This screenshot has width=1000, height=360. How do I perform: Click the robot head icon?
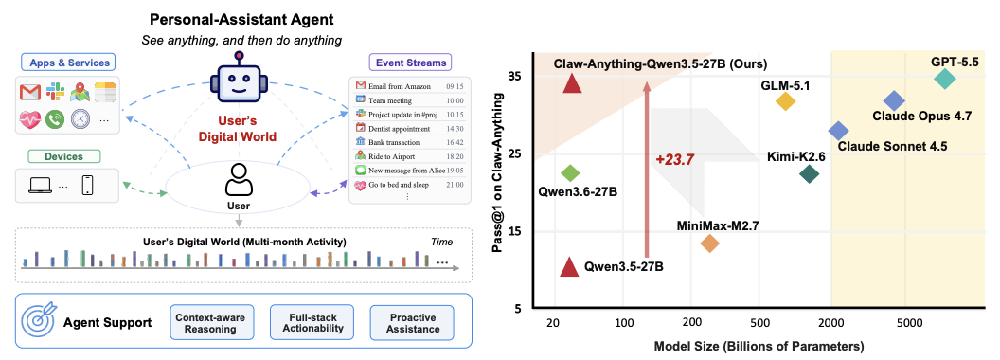pos(240,83)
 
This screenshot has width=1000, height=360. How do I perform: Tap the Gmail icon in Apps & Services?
pos(30,93)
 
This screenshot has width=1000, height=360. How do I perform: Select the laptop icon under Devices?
pos(40,186)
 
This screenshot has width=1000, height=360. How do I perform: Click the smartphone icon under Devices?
pos(87,185)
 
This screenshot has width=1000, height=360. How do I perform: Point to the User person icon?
pos(240,180)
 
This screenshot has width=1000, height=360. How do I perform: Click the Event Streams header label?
pos(411,63)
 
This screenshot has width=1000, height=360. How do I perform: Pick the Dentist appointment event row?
pos(409,128)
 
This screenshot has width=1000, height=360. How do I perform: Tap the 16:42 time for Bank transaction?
pos(455,142)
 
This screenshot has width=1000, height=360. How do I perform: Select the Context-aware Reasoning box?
pos(205,323)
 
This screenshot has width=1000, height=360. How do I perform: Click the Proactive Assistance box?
pos(412,323)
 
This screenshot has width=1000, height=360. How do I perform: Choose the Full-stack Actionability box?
pos(312,323)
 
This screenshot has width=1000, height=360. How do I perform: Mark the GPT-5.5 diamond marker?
pos(944,80)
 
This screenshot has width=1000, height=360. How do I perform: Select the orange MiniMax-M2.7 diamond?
pos(709,243)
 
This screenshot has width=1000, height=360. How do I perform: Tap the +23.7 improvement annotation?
pos(673,159)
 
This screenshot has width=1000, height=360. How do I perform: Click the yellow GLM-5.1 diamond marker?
pos(785,100)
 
